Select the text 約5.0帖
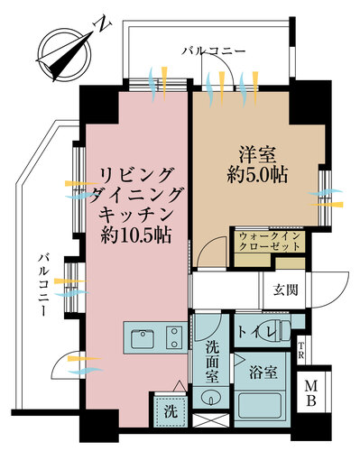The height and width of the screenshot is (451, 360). click(258, 176)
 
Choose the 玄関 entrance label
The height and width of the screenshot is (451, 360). click(287, 290)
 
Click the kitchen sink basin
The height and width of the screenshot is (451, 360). click(142, 339)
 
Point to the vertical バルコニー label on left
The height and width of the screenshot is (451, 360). click(42, 285)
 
